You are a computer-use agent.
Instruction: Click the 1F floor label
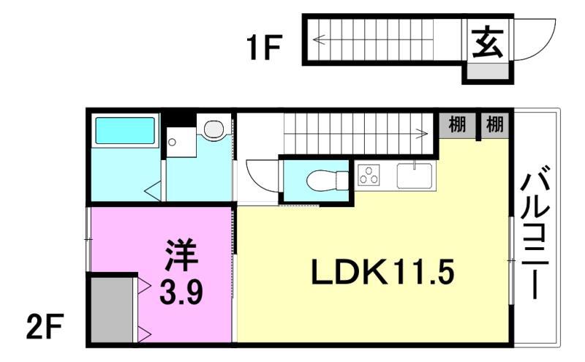263,49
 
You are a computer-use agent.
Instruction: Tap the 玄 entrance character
486,42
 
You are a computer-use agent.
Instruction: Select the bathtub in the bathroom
125,130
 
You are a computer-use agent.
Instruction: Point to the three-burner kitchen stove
369,176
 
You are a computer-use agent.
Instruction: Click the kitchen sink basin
415,175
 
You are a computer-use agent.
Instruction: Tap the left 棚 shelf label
457,124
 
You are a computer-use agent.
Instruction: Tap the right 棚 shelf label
495,124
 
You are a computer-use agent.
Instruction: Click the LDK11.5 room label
383,274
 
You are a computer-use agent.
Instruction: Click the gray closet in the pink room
112,307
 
